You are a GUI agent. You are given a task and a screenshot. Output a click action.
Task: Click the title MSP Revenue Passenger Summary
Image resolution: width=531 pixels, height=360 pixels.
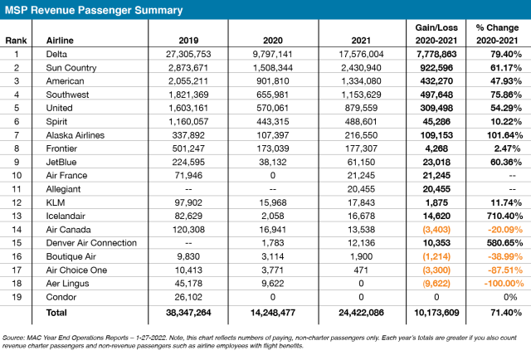(94, 10)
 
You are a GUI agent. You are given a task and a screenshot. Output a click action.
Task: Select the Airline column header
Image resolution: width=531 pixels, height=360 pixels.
(60, 41)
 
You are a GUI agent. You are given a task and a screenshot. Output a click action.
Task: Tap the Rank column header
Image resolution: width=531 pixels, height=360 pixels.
(16, 41)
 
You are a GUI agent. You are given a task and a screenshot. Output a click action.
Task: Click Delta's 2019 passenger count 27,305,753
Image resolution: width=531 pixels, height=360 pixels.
(188, 54)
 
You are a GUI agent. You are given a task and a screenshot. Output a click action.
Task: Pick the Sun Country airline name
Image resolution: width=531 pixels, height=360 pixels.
(71, 68)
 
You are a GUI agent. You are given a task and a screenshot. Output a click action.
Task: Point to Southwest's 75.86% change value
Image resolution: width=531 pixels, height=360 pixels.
(506, 95)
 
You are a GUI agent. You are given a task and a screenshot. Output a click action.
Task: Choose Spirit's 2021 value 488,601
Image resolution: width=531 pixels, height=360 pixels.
(361, 122)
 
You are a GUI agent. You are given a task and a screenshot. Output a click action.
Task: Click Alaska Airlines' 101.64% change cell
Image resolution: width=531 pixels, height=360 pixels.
(505, 135)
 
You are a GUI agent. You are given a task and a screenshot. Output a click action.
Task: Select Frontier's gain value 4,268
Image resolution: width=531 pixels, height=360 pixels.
(436, 148)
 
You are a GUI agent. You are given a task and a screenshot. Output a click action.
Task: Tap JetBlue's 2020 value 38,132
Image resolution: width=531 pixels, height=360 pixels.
(273, 163)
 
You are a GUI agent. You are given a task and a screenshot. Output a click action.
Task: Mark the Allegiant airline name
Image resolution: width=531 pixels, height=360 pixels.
(63, 189)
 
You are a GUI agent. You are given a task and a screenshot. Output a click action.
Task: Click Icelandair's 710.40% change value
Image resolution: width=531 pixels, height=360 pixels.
(505, 216)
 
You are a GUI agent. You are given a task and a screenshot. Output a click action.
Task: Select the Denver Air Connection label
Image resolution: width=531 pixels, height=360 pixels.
(91, 243)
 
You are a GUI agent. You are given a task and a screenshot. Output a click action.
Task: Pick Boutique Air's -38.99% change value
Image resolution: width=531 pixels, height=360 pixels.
(505, 256)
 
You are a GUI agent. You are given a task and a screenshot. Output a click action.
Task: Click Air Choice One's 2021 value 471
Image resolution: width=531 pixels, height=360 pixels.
(361, 270)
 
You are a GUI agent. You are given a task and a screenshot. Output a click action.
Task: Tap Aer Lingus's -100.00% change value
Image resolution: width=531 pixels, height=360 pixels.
(504, 284)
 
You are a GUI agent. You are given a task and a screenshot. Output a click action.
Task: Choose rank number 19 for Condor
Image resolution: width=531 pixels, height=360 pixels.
(17, 297)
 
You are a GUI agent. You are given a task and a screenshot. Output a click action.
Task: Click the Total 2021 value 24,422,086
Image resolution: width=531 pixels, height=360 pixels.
(362, 313)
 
